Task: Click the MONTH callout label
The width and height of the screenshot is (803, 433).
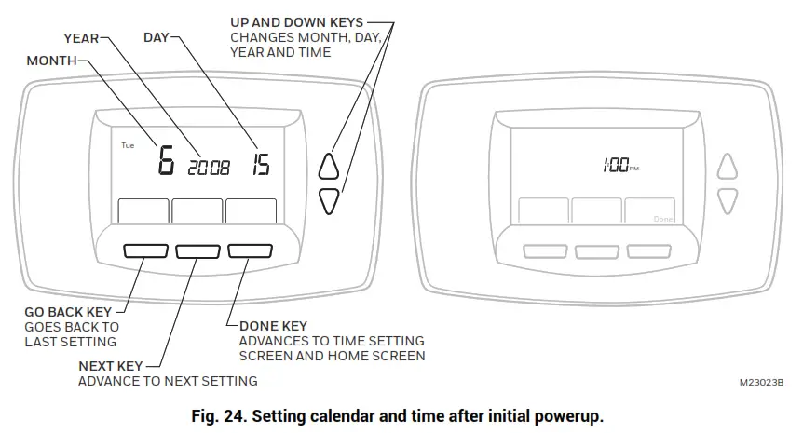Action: click(x=51, y=61)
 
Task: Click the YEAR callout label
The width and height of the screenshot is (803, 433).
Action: click(x=81, y=38)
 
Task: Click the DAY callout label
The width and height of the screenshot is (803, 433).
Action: click(x=156, y=38)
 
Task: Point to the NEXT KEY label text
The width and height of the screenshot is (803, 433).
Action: click(x=110, y=367)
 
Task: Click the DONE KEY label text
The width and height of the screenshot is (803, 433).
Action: click(x=273, y=327)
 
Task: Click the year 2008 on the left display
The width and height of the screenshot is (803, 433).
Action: click(x=209, y=169)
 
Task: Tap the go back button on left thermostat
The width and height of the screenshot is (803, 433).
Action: click(x=143, y=250)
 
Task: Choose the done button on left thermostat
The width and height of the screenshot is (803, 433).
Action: click(x=249, y=250)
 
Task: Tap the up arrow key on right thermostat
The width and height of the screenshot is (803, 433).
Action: click(x=728, y=168)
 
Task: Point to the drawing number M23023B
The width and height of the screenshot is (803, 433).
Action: click(x=762, y=383)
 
